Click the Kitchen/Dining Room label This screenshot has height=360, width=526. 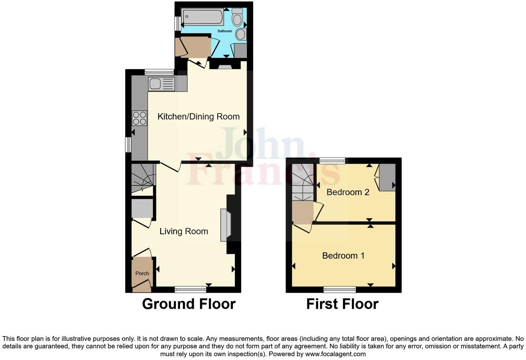(198, 117)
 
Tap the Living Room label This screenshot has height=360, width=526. (184, 231)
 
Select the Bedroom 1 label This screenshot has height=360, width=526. (343, 255)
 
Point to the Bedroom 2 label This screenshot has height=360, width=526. (348, 192)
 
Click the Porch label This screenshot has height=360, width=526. (142, 273)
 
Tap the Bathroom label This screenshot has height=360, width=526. (225, 31)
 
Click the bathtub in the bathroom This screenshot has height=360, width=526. (202, 17)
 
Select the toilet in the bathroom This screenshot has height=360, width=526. (237, 17)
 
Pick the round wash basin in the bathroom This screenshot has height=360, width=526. (241, 34)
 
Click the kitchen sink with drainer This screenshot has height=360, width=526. (161, 84)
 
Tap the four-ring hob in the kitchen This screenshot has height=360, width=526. (139, 118)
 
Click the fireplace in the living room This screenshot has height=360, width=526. (226, 225)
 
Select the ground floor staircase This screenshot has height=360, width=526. (143, 178)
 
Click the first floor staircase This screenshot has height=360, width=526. (302, 182)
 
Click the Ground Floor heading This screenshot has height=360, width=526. (189, 304)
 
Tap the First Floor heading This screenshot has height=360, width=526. (342, 304)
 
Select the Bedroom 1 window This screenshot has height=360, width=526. (340, 289)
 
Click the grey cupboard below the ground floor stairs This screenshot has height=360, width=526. (142, 208)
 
